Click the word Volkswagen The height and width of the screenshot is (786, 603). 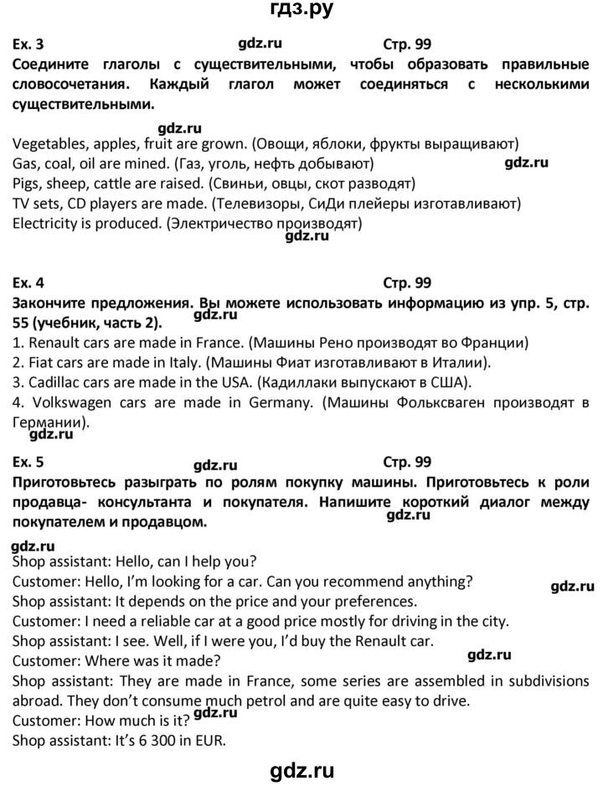pos(71,404)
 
